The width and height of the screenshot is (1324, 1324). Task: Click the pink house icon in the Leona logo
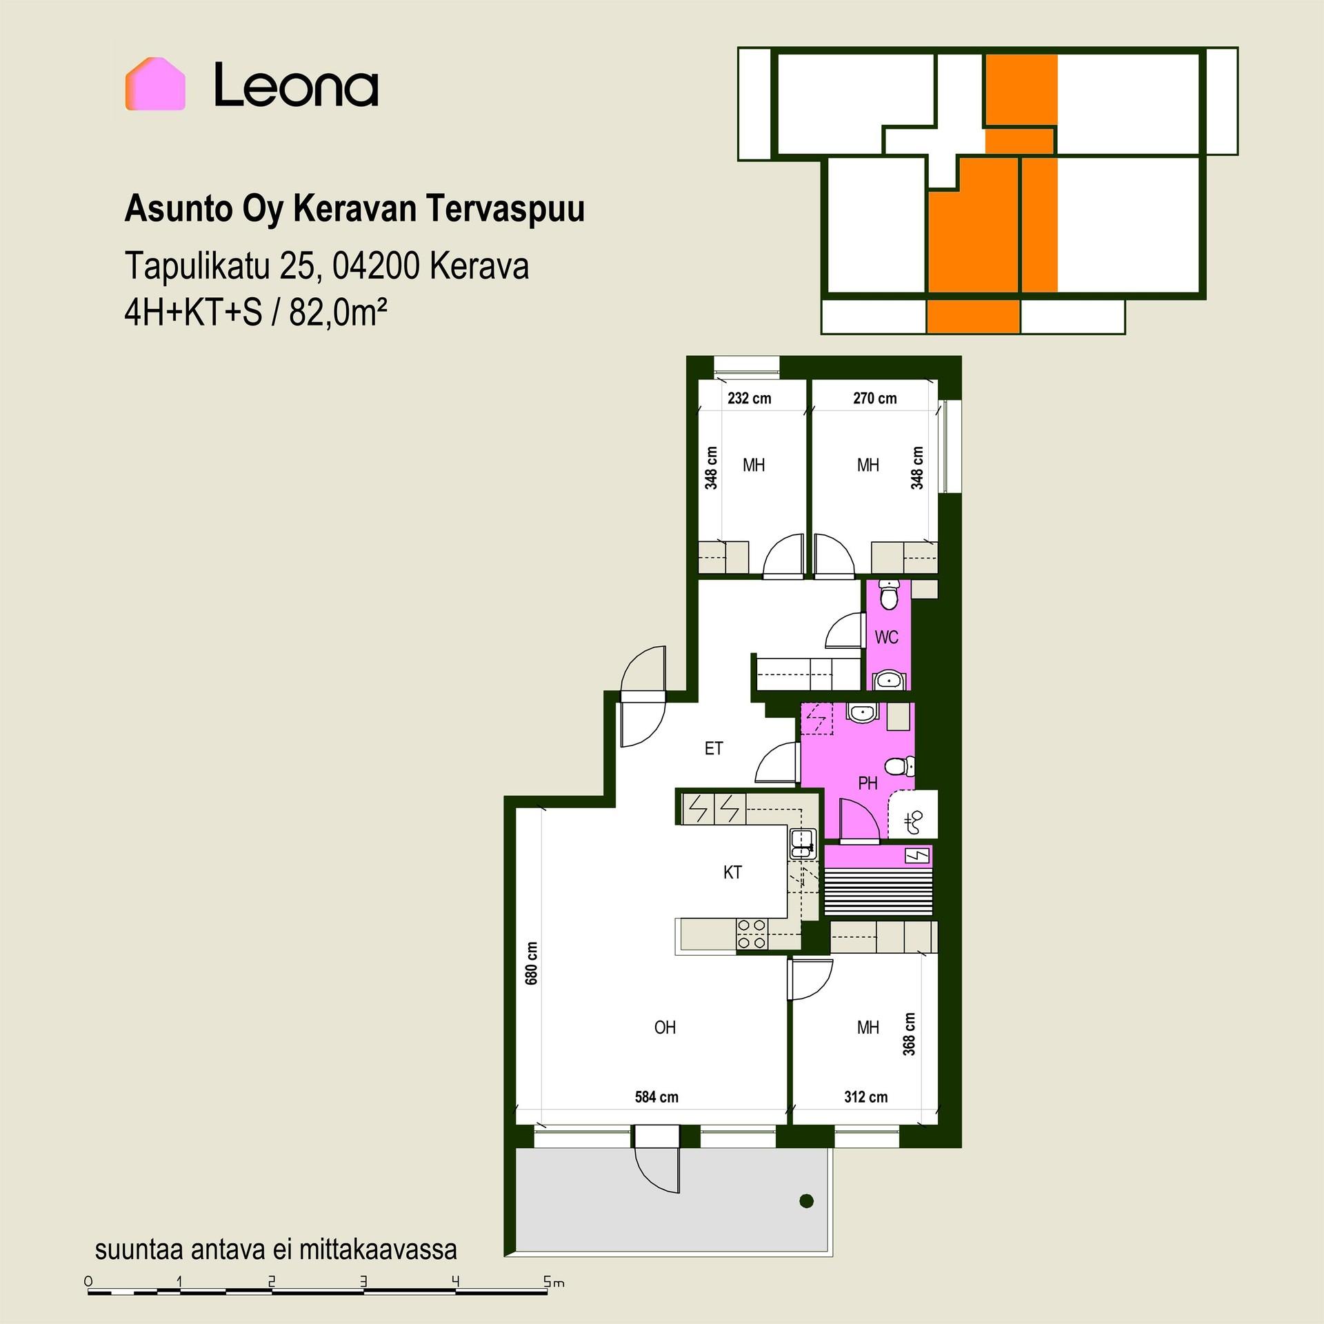tap(155, 83)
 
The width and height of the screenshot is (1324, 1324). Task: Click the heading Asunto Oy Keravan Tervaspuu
tap(354, 209)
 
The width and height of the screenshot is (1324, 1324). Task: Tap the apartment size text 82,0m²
tap(337, 313)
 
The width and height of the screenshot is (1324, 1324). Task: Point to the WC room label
tap(886, 637)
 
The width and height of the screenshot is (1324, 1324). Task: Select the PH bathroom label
tap(867, 783)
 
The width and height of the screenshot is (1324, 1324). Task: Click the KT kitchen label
tap(732, 872)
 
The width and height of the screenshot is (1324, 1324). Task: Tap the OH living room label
tap(665, 1027)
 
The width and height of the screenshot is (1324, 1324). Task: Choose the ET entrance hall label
tap(714, 748)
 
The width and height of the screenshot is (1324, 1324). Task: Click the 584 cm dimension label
tap(656, 1096)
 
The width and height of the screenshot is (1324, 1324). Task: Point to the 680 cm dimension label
tap(532, 963)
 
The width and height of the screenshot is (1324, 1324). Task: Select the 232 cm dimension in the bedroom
tap(750, 398)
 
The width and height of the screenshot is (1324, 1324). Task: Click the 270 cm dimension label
tap(875, 398)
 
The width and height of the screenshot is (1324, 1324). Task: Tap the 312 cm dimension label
tap(866, 1096)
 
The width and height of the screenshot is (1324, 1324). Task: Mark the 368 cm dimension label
tap(910, 1034)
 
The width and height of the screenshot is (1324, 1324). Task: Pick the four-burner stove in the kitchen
tap(752, 934)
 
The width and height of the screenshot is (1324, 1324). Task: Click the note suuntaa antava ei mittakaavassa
tap(276, 1249)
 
